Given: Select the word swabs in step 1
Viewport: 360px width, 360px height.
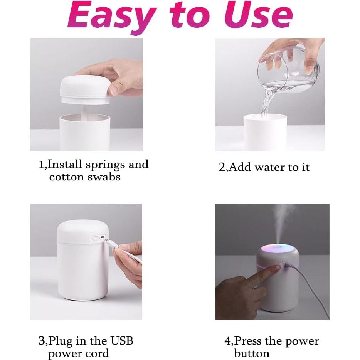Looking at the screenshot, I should (x=104, y=177).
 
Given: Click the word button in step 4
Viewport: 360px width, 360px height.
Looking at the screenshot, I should (x=252, y=353).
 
